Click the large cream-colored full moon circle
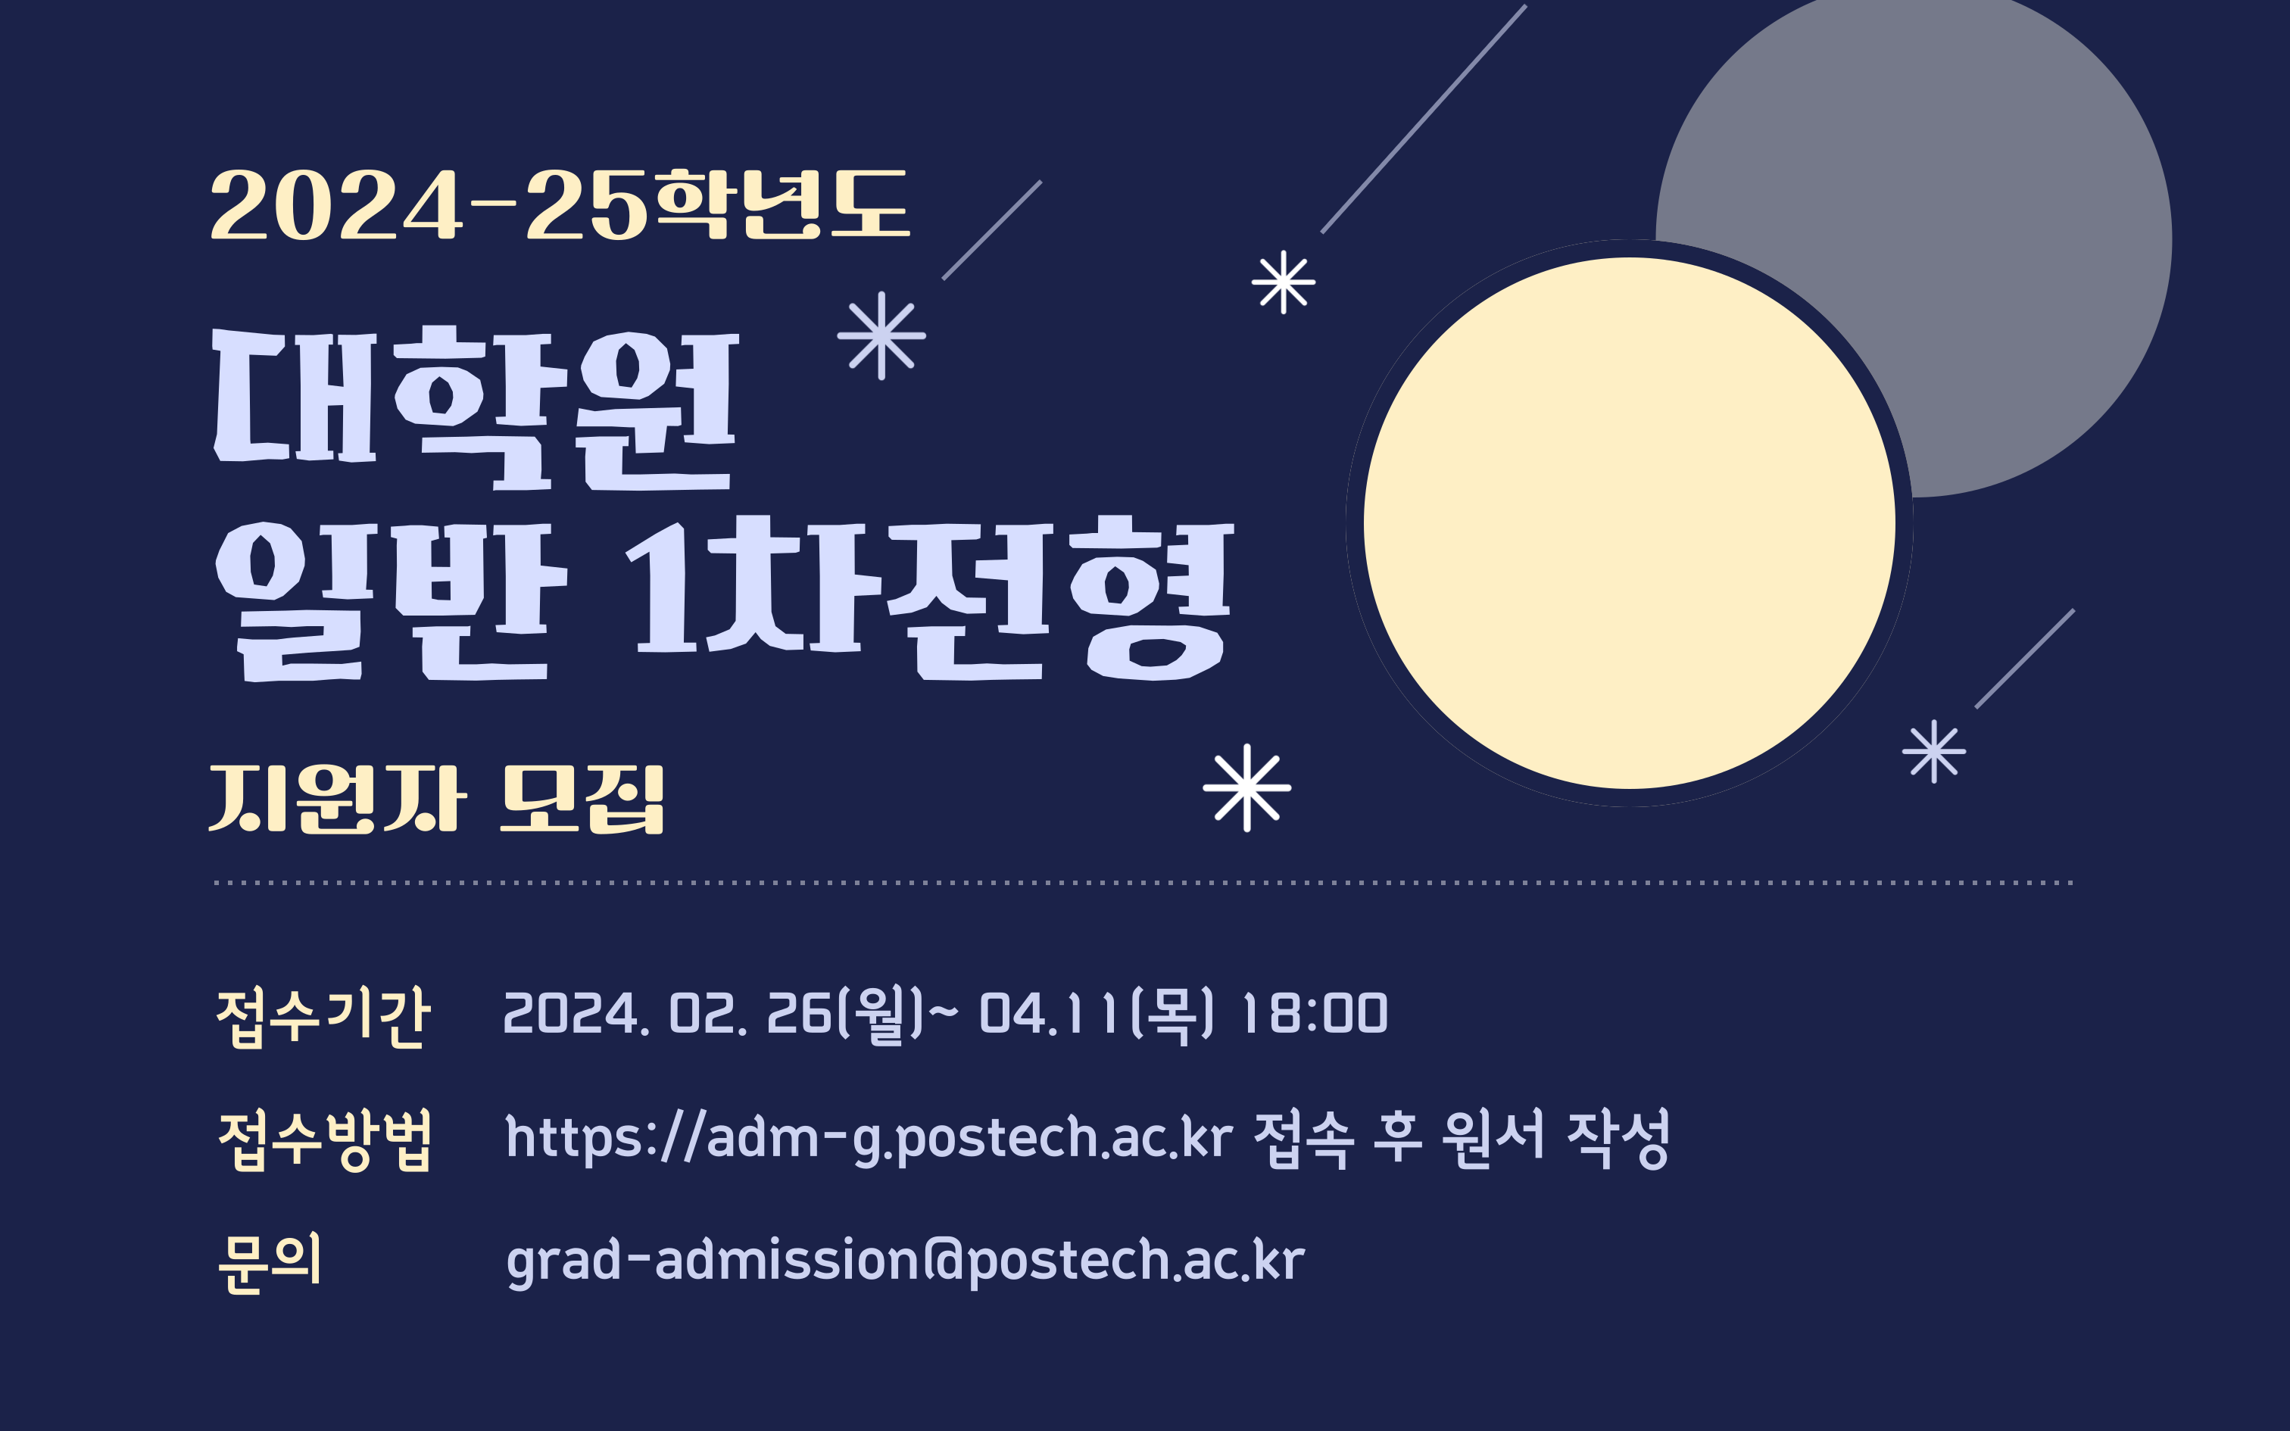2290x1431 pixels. (1629, 522)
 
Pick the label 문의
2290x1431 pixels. (270, 1261)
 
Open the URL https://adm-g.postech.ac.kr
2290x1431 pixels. (869, 1137)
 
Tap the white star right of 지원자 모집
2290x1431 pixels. (1246, 787)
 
